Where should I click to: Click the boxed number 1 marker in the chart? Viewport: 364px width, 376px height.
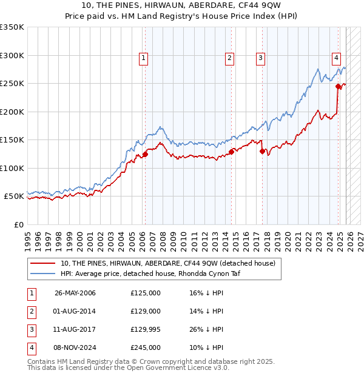144,58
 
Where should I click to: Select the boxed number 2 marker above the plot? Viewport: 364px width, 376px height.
230,58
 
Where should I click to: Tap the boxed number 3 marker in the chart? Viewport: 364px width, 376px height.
260,58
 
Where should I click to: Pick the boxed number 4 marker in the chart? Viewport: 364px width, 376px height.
336,58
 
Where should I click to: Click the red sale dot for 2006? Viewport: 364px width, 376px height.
146,154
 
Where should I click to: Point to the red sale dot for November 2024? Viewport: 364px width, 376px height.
339,86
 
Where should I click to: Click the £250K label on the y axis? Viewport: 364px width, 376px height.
12,83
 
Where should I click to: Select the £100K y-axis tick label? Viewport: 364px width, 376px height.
12,168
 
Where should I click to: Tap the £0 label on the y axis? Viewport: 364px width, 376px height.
18,224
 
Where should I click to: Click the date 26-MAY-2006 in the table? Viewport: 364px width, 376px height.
75,293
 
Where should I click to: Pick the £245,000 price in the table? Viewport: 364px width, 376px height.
146,347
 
